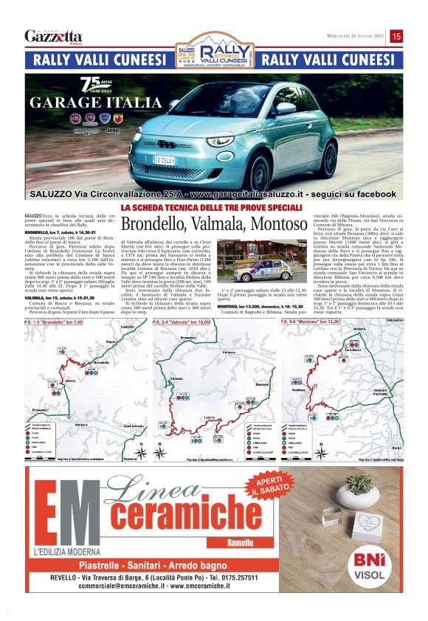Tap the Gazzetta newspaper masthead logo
(53, 36)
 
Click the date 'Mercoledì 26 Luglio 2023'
(356, 36)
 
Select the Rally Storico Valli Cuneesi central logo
(214, 51)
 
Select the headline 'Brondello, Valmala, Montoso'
(213, 223)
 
